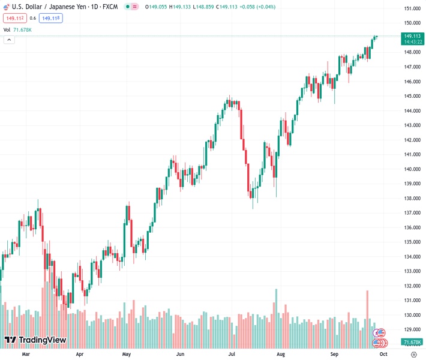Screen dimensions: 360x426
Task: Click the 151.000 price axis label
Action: [412, 8]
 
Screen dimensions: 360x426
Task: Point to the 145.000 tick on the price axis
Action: [412, 96]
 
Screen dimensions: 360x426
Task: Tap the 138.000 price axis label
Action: [412, 199]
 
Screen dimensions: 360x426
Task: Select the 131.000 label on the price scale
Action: [412, 301]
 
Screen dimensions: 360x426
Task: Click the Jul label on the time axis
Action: [232, 355]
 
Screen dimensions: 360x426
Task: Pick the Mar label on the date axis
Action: [26, 355]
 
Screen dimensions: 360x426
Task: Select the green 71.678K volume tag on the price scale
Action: [412, 343]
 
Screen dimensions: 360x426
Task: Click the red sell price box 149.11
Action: [15, 19]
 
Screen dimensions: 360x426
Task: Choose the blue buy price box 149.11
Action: [51, 19]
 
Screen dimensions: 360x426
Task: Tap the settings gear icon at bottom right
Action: [413, 354]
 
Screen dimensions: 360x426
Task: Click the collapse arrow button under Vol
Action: [9, 40]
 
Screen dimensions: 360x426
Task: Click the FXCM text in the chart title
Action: [110, 7]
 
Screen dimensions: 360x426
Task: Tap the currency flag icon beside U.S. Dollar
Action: [7, 7]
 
